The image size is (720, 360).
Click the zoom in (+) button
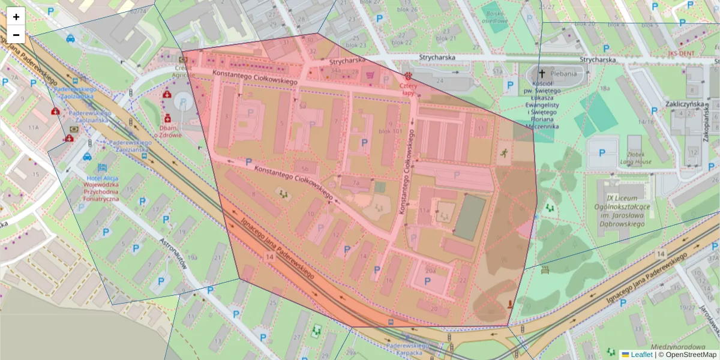click(x=16, y=17)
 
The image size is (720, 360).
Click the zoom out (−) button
click(x=16, y=35)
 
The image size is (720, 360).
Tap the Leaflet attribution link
click(x=641, y=355)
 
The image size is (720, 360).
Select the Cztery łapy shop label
click(x=408, y=89)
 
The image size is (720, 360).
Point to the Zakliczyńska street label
click(x=684, y=103)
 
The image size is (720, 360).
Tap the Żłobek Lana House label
click(x=635, y=158)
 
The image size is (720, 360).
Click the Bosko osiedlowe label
click(x=497, y=17)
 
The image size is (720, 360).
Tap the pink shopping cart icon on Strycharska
click(x=370, y=75)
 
